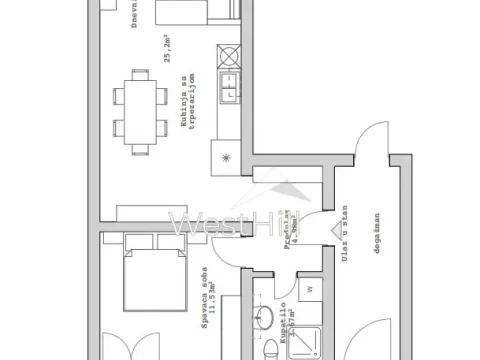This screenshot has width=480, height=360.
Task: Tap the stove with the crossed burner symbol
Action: click(230, 55)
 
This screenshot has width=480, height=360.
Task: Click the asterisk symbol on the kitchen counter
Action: click(225, 157)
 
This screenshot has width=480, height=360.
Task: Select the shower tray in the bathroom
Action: click(309, 336)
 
